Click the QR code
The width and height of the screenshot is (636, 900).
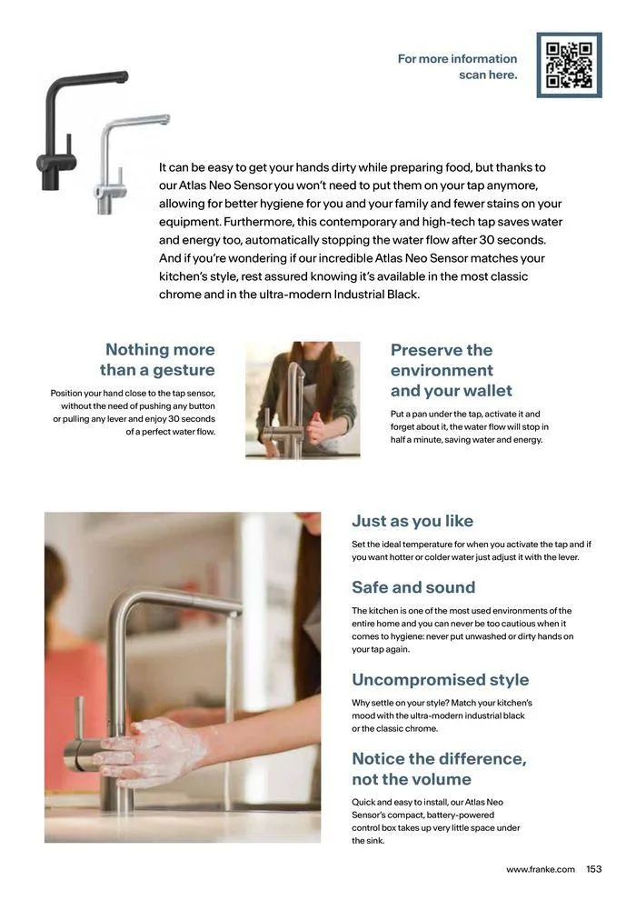click(569, 65)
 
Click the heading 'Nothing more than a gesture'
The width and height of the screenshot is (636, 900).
click(157, 359)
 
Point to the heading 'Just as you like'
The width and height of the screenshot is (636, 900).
click(412, 521)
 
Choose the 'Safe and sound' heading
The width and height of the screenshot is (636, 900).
click(413, 587)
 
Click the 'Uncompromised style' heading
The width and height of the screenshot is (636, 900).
click(441, 680)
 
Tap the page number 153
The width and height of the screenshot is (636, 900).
click(593, 869)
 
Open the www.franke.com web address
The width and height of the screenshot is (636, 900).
click(541, 870)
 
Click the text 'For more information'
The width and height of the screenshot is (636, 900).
click(457, 58)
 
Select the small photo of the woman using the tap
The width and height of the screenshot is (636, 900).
click(303, 400)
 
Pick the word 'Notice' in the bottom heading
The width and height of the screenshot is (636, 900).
click(378, 759)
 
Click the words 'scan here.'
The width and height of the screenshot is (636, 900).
click(488, 75)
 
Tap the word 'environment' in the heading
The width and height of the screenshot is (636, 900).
click(442, 370)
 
